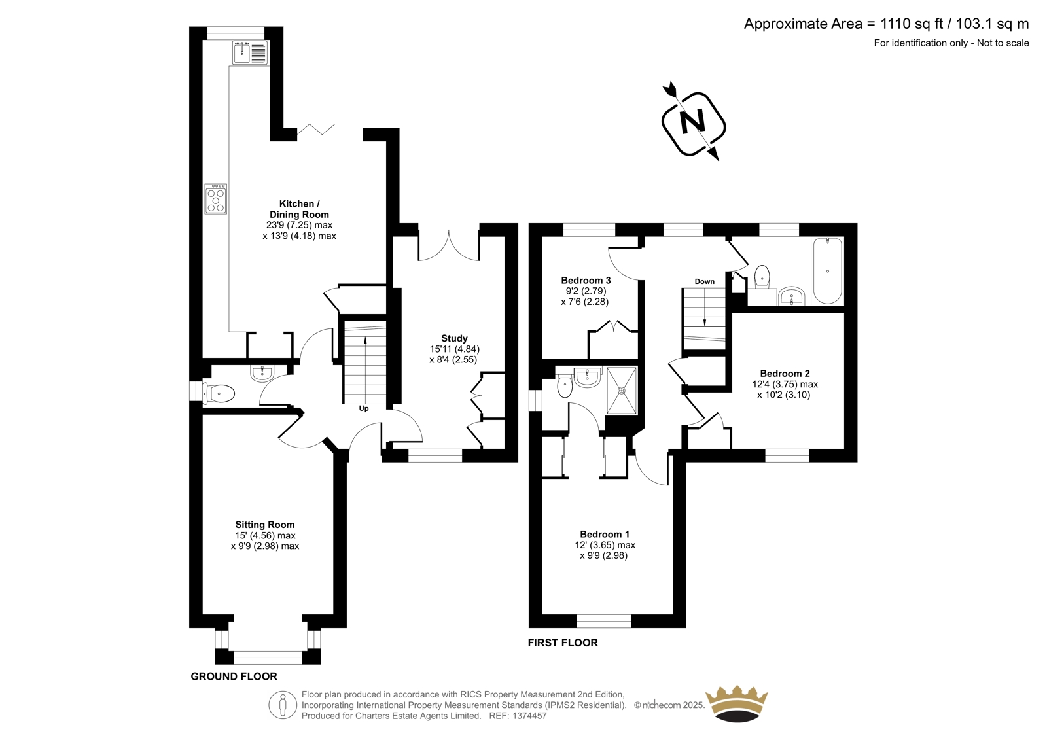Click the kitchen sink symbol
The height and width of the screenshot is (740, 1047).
(250, 52)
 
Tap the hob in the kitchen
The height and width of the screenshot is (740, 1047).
(215, 199)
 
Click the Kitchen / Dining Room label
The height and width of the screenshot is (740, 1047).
(299, 209)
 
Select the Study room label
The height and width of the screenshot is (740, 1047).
(454, 338)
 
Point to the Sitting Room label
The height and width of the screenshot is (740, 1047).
(265, 525)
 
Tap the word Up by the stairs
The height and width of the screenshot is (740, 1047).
(364, 408)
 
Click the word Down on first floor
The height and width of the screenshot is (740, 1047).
(704, 281)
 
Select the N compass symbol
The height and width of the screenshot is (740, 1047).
(693, 124)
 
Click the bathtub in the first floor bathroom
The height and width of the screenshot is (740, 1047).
(828, 271)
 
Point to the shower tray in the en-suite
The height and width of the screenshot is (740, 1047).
(622, 391)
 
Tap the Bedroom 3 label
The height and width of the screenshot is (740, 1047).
(586, 281)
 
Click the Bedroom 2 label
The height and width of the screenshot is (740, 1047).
(785, 374)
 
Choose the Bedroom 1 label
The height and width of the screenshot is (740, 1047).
(605, 534)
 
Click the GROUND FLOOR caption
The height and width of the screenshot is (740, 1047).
(234, 677)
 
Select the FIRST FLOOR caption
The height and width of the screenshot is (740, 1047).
(563, 643)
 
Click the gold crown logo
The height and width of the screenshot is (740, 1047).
(737, 703)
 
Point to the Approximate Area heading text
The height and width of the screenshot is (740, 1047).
(886, 24)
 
